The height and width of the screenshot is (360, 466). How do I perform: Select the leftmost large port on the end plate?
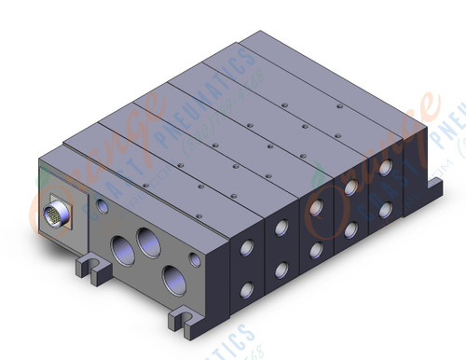[x=123, y=248]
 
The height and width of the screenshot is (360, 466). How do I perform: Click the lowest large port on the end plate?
[x=171, y=277]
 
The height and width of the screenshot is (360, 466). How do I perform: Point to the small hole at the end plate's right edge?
[x=197, y=256]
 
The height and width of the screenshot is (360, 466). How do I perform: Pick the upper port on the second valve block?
[x=281, y=228]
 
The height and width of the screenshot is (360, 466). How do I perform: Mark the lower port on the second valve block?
[x=281, y=270]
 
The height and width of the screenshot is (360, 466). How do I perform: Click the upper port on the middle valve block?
[x=317, y=208]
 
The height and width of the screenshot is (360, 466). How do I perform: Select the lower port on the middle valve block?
[x=317, y=249]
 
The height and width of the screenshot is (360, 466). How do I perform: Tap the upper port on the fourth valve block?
[x=350, y=187]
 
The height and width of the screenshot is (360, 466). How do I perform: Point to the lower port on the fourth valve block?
[x=350, y=228]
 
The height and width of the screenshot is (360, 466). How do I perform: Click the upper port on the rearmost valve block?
[x=385, y=168]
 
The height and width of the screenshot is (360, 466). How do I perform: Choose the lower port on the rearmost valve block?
[x=385, y=208]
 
